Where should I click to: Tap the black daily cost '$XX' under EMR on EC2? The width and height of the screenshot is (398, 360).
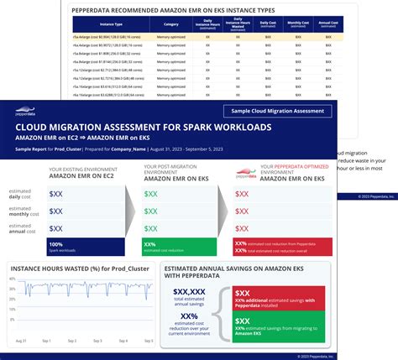[55, 194]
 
